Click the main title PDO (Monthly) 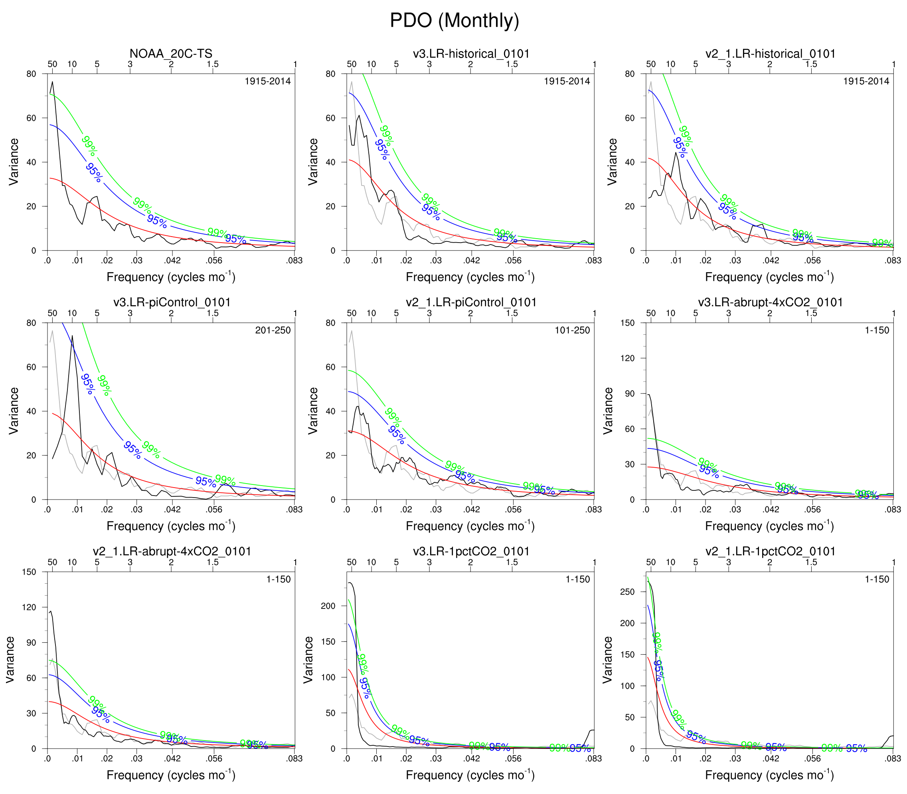(x=454, y=20)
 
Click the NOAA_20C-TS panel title (x=171, y=53)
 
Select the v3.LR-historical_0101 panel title (x=470, y=53)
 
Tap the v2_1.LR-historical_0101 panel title (x=770, y=53)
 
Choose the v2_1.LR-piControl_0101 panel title (x=470, y=302)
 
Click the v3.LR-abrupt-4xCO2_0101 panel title (x=770, y=302)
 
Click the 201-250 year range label (x=273, y=330)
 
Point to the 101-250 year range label (x=572, y=330)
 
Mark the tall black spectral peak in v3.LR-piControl (x=72, y=337)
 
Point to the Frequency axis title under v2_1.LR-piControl (x=470, y=526)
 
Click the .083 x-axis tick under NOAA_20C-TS (x=294, y=261)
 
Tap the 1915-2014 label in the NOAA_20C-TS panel (x=268, y=81)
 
